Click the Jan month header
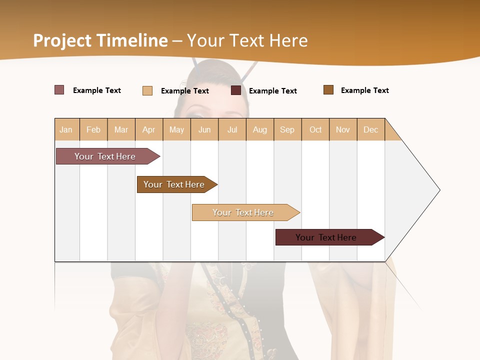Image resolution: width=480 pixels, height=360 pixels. [66, 129]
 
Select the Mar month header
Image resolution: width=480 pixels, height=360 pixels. [121, 129]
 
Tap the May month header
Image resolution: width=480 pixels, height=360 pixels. [176, 129]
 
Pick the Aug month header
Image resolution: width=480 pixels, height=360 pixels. [259, 129]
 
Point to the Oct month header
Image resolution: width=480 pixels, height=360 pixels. [315, 129]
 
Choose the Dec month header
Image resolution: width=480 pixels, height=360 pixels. [370, 129]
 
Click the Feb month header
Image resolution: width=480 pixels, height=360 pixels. [93, 129]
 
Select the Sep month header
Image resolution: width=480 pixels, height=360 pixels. [287, 129]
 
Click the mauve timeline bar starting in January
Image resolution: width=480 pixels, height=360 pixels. [105, 156]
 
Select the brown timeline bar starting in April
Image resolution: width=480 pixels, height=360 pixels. [174, 184]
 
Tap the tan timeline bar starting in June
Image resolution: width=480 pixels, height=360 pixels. [243, 212]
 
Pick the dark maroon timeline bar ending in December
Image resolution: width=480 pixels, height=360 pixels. [326, 237]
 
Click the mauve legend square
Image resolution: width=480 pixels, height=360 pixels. [59, 90]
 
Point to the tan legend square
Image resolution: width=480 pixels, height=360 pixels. [147, 90]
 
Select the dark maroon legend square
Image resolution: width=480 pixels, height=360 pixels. [236, 90]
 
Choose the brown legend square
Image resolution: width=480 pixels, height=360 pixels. [328, 90]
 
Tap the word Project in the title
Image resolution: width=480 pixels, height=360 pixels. [62, 40]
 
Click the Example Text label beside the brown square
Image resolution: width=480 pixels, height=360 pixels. [364, 90]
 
